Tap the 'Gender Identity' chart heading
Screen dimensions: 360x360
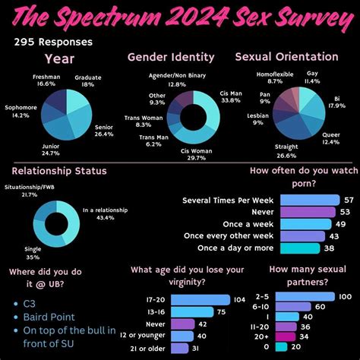coord(170,57)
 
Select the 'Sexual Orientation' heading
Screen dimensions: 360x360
coord(286,57)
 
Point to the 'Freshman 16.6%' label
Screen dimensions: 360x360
coord(47,81)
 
